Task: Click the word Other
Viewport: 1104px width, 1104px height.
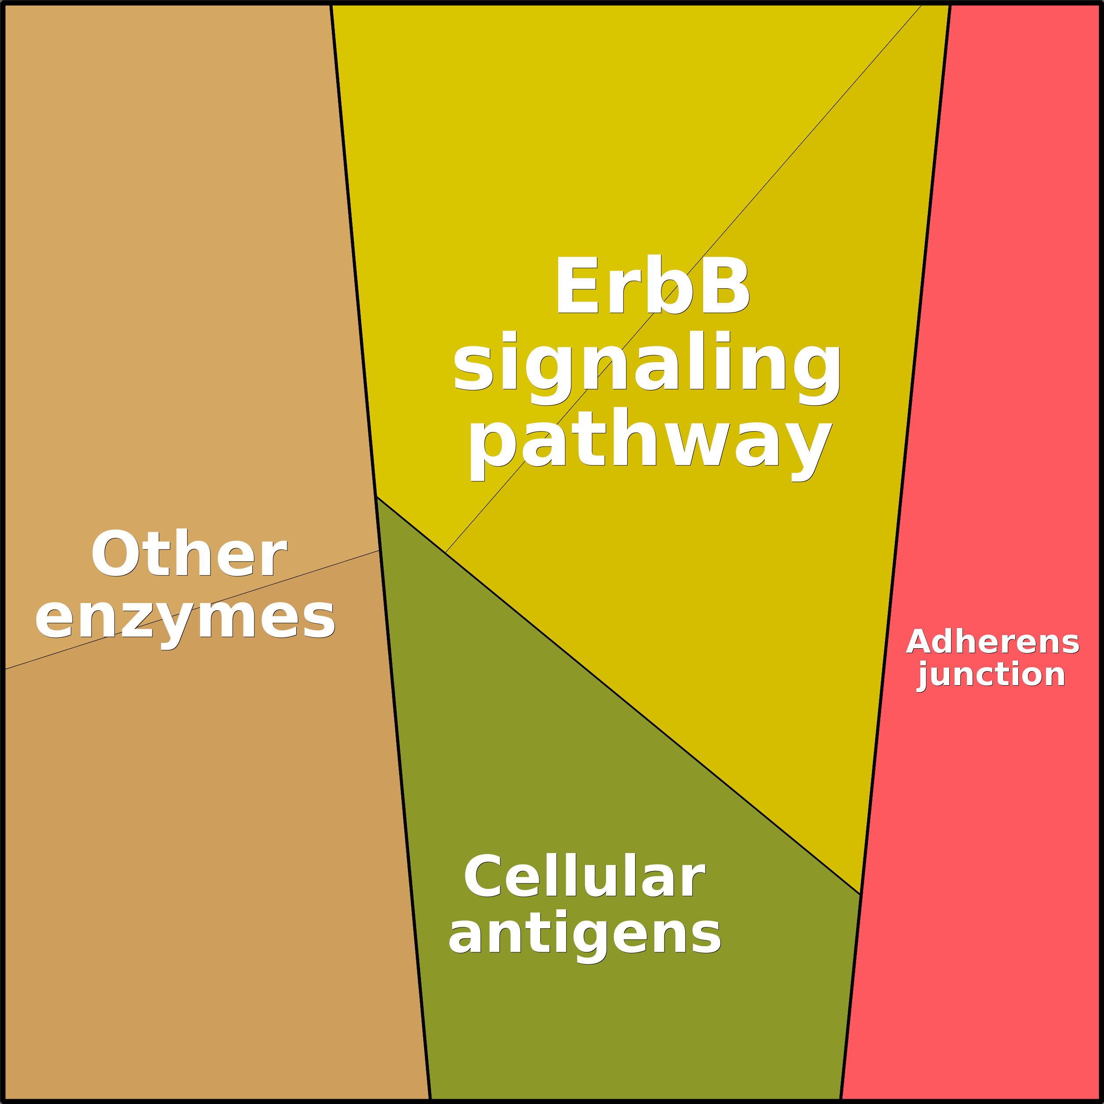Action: [189, 554]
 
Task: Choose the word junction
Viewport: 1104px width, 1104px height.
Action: [991, 675]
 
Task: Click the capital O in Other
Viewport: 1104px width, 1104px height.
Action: [114, 554]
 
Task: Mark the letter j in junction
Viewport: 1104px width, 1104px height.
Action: [923, 676]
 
